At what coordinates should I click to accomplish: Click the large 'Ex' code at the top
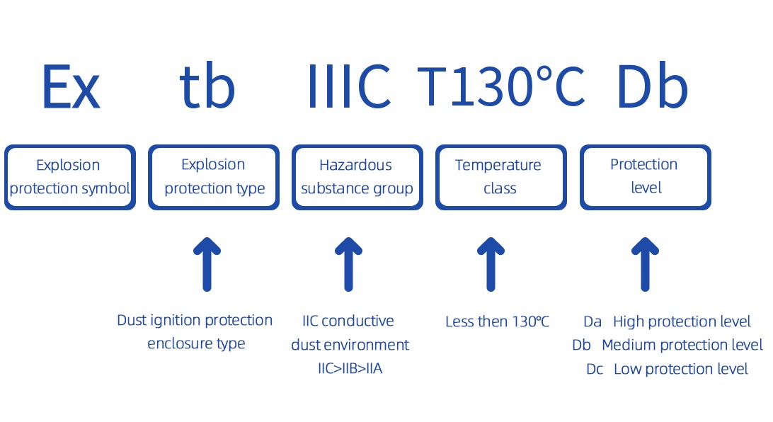tap(71, 87)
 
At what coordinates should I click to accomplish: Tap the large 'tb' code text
tap(207, 86)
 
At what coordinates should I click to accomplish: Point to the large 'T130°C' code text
tap(501, 86)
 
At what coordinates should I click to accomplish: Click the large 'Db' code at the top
tap(652, 86)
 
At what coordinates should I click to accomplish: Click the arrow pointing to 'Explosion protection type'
tap(207, 264)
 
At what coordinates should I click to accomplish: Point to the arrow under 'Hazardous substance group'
tap(348, 264)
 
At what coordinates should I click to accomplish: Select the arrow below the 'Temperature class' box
tap(491, 264)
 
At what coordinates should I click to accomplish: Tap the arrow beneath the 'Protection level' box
tap(645, 264)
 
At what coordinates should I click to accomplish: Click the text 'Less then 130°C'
tap(498, 321)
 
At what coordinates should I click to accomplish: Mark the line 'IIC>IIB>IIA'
tap(350, 368)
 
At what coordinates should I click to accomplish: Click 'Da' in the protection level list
tap(592, 321)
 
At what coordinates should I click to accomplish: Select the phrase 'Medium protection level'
tap(682, 345)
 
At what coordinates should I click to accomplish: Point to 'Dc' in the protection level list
tap(595, 369)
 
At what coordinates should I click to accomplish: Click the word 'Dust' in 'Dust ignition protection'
tap(131, 320)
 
